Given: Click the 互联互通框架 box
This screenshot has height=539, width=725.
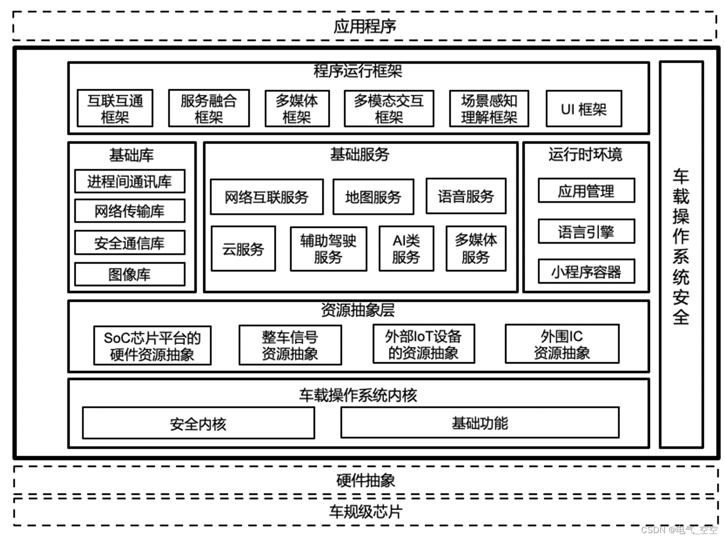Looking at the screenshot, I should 115,108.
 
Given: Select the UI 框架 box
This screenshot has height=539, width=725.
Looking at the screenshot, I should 583,109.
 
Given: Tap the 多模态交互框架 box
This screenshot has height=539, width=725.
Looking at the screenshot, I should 389,109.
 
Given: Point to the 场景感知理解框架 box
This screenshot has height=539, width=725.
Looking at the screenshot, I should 489,109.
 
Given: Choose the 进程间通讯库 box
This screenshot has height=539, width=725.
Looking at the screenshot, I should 130,182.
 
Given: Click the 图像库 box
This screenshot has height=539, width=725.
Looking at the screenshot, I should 130,274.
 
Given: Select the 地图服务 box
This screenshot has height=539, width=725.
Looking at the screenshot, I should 373,197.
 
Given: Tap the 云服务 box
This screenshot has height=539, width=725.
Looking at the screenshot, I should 243,249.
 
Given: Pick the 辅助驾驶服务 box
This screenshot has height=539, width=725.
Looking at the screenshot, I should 328,249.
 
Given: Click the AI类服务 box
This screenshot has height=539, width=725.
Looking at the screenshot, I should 406,249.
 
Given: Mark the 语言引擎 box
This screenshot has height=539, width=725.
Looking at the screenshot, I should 586,232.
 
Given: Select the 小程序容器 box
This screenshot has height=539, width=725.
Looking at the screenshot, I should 586,271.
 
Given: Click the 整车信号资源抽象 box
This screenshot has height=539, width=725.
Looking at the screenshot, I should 290,345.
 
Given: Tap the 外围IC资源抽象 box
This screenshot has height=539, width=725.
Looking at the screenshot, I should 562,344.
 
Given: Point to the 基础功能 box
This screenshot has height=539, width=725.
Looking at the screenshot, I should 480,423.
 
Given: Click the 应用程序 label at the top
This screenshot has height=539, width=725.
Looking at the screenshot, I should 365,26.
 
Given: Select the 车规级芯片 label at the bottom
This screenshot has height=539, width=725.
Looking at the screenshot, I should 365,512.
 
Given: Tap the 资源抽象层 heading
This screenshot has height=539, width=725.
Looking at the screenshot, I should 358,310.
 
